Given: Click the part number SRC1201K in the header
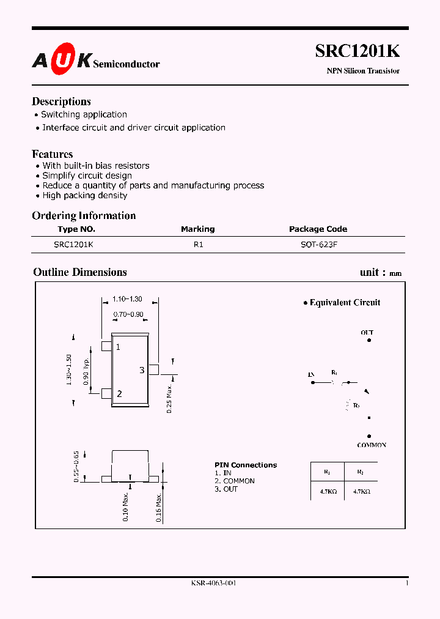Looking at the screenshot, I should [357, 51].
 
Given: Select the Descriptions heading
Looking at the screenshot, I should [61, 102].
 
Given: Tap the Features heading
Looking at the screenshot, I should [52, 154].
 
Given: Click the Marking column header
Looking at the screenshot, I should [197, 229].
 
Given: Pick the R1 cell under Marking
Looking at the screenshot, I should [198, 244].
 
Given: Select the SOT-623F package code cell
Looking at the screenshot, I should [318, 244].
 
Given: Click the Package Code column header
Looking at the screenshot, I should [318, 229].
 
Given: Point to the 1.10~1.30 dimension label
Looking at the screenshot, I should [127, 299].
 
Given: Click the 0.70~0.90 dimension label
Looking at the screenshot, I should [128, 314].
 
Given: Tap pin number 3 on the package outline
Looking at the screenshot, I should [142, 370].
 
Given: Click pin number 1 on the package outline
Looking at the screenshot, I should [118, 347].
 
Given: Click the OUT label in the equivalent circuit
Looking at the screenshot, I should [367, 333].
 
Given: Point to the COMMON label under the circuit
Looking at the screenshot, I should [372, 445].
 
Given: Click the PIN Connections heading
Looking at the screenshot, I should [246, 465].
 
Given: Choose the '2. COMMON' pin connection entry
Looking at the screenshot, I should [235, 481].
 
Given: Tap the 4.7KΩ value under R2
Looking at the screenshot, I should [361, 492].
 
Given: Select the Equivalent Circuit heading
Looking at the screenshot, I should [345, 302].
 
